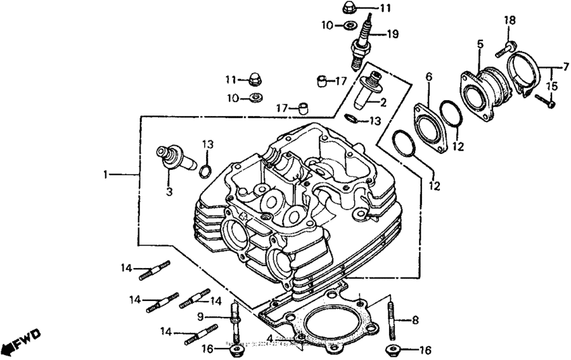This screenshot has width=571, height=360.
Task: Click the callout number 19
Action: (x=392, y=34)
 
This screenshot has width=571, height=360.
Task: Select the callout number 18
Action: (x=510, y=21)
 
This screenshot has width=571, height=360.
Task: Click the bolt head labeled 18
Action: (x=509, y=47)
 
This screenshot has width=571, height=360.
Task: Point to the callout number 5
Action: (x=480, y=44)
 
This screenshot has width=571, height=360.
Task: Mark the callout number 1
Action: (x=105, y=175)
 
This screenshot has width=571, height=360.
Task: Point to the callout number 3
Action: (x=169, y=192)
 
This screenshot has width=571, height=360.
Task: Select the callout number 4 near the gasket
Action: (x=269, y=338)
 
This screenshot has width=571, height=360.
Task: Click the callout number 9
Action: (x=200, y=317)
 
